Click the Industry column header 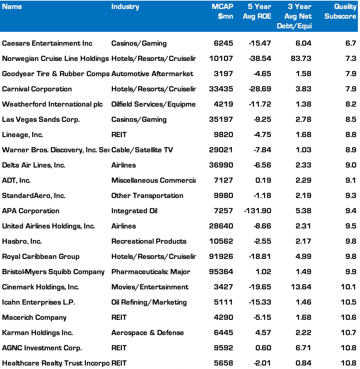(x=125, y=7)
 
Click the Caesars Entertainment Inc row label (x=47, y=43)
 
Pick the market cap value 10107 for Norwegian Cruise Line (x=222, y=58)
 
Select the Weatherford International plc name (x=52, y=104)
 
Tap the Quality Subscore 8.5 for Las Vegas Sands (x=350, y=119)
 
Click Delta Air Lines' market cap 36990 (x=222, y=165)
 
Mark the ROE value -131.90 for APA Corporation (x=257, y=211)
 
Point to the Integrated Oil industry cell (x=134, y=211)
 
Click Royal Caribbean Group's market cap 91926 (x=222, y=256)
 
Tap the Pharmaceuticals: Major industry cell (x=151, y=272)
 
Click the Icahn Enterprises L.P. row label (x=38, y=302)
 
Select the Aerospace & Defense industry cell (x=147, y=333)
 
